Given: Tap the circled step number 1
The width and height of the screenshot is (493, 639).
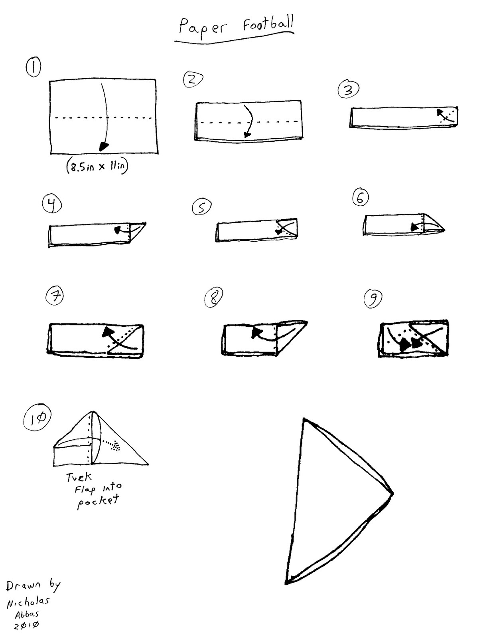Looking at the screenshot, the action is point(33,67).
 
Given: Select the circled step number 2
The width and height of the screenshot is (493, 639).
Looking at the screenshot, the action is point(193,80).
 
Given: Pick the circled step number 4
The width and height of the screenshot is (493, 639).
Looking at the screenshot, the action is point(52,204).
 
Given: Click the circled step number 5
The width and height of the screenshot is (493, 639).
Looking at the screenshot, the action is point(202,207).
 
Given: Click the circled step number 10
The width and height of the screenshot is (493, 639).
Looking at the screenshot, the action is point(37,418).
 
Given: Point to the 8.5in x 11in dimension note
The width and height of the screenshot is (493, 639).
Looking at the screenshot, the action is point(97,167).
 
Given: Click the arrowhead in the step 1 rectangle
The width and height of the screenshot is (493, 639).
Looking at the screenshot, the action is point(104,146).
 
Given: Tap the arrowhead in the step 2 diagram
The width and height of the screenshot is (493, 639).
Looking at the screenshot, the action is point(248,135).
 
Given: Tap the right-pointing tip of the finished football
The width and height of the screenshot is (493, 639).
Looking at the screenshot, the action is point(392,494).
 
